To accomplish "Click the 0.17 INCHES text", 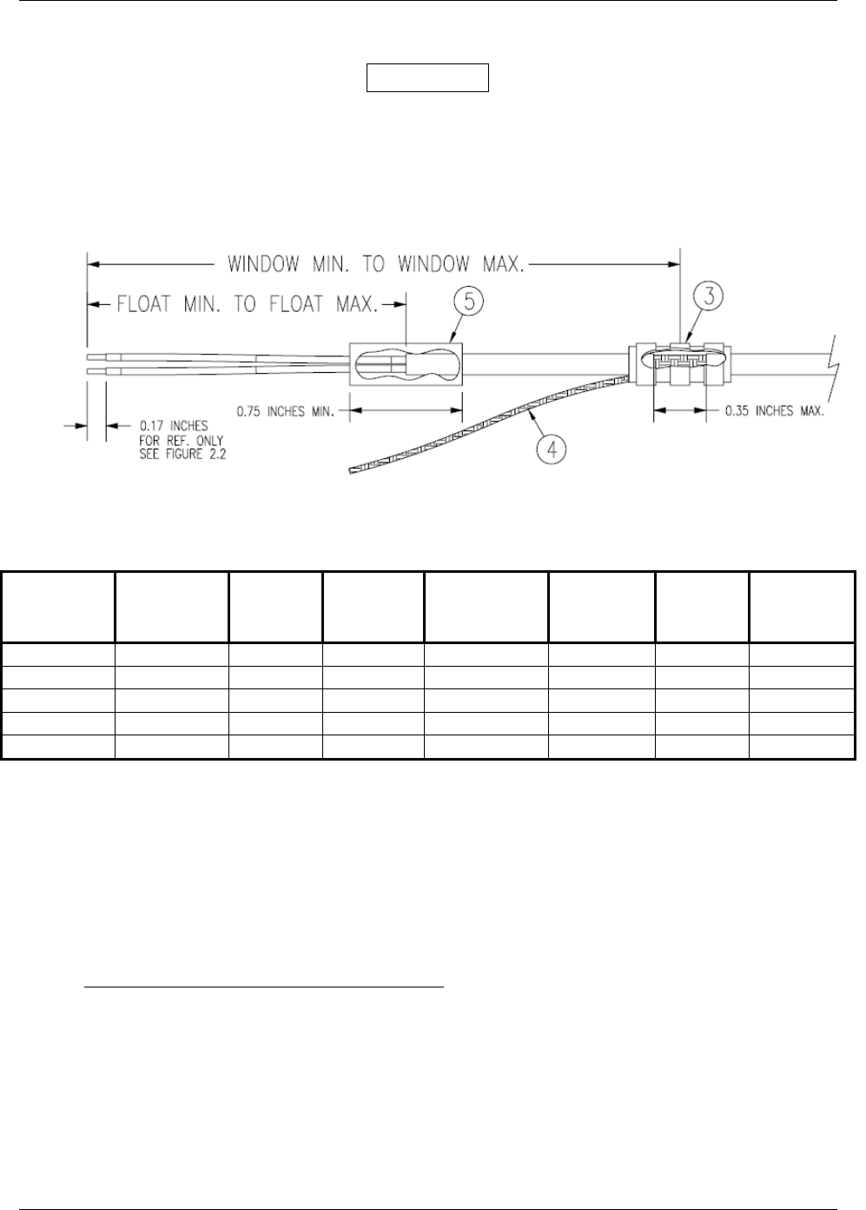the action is (x=172, y=426).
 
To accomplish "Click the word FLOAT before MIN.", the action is (x=148, y=304).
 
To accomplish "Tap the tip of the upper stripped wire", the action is (x=90, y=356).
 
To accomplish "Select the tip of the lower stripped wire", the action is (x=90, y=370).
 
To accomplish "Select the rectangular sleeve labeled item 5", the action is (x=406, y=364).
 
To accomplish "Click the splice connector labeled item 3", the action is (x=683, y=365).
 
